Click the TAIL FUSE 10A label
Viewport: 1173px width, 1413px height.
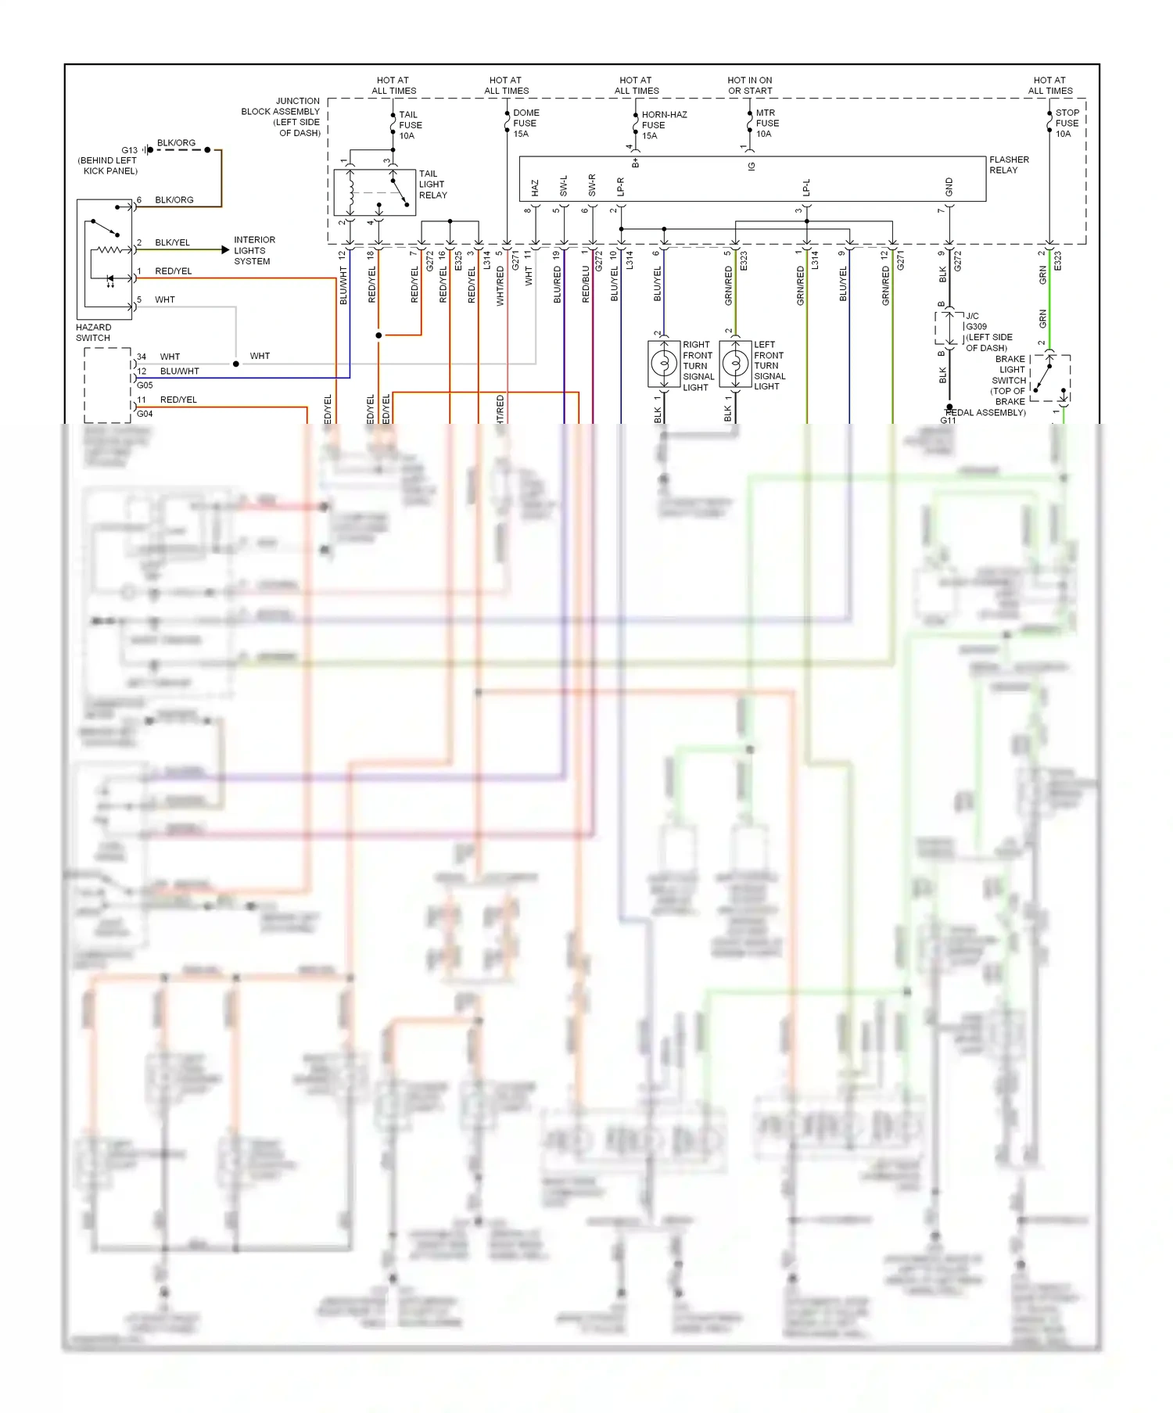[x=410, y=125]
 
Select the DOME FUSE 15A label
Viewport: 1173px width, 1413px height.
[x=526, y=123]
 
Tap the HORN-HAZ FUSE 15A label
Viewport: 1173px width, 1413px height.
[x=663, y=125]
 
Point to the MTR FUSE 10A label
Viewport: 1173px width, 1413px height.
[x=766, y=123]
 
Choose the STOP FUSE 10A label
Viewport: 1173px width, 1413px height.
[x=1067, y=123]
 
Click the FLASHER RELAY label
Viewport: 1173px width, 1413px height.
[x=1009, y=164]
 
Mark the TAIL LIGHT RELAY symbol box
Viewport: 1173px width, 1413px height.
[x=375, y=192]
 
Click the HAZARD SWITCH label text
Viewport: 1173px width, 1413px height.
[x=93, y=332]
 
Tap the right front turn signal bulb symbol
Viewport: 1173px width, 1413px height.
[x=664, y=364]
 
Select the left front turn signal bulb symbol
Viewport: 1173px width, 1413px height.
[x=735, y=364]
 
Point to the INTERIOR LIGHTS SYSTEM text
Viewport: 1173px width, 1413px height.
[x=254, y=250]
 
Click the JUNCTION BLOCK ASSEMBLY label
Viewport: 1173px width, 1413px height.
[x=281, y=117]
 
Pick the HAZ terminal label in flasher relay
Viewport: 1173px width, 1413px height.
[x=535, y=188]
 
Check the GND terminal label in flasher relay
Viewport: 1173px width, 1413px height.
[x=949, y=187]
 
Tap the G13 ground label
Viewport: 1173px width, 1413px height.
[x=129, y=150]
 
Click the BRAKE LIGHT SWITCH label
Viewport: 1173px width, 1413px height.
[x=1010, y=380]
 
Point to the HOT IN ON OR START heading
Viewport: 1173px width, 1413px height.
[x=749, y=85]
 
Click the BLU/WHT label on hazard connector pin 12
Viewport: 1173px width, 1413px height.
[x=179, y=371]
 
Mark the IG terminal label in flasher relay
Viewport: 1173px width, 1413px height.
[x=752, y=167]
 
